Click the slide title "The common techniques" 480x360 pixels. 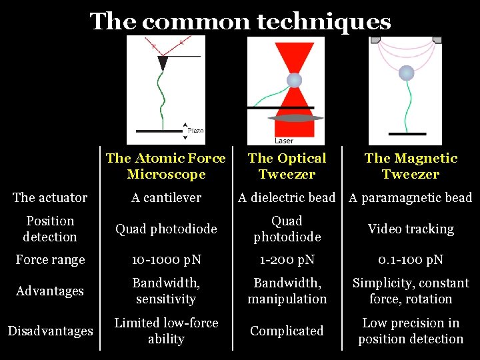240,21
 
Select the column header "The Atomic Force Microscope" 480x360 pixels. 166,166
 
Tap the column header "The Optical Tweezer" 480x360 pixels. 287,166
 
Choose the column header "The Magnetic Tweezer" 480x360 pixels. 411,166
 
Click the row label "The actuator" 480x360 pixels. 50,197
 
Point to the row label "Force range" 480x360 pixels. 50,259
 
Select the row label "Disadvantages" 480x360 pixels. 50,331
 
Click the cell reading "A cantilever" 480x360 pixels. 166,197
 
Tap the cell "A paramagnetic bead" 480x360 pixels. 411,197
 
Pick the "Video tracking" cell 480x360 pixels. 411,229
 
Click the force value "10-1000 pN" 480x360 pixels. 166,259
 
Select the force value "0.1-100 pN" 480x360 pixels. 411,259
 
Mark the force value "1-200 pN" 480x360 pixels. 287,259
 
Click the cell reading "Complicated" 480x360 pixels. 287,331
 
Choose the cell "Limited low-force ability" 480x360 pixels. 166,331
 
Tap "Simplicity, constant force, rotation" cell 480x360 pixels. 411,291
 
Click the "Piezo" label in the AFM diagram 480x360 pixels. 195,131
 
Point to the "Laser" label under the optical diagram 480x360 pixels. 284,141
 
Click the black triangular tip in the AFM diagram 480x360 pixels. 163,63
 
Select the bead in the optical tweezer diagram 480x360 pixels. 294,81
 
